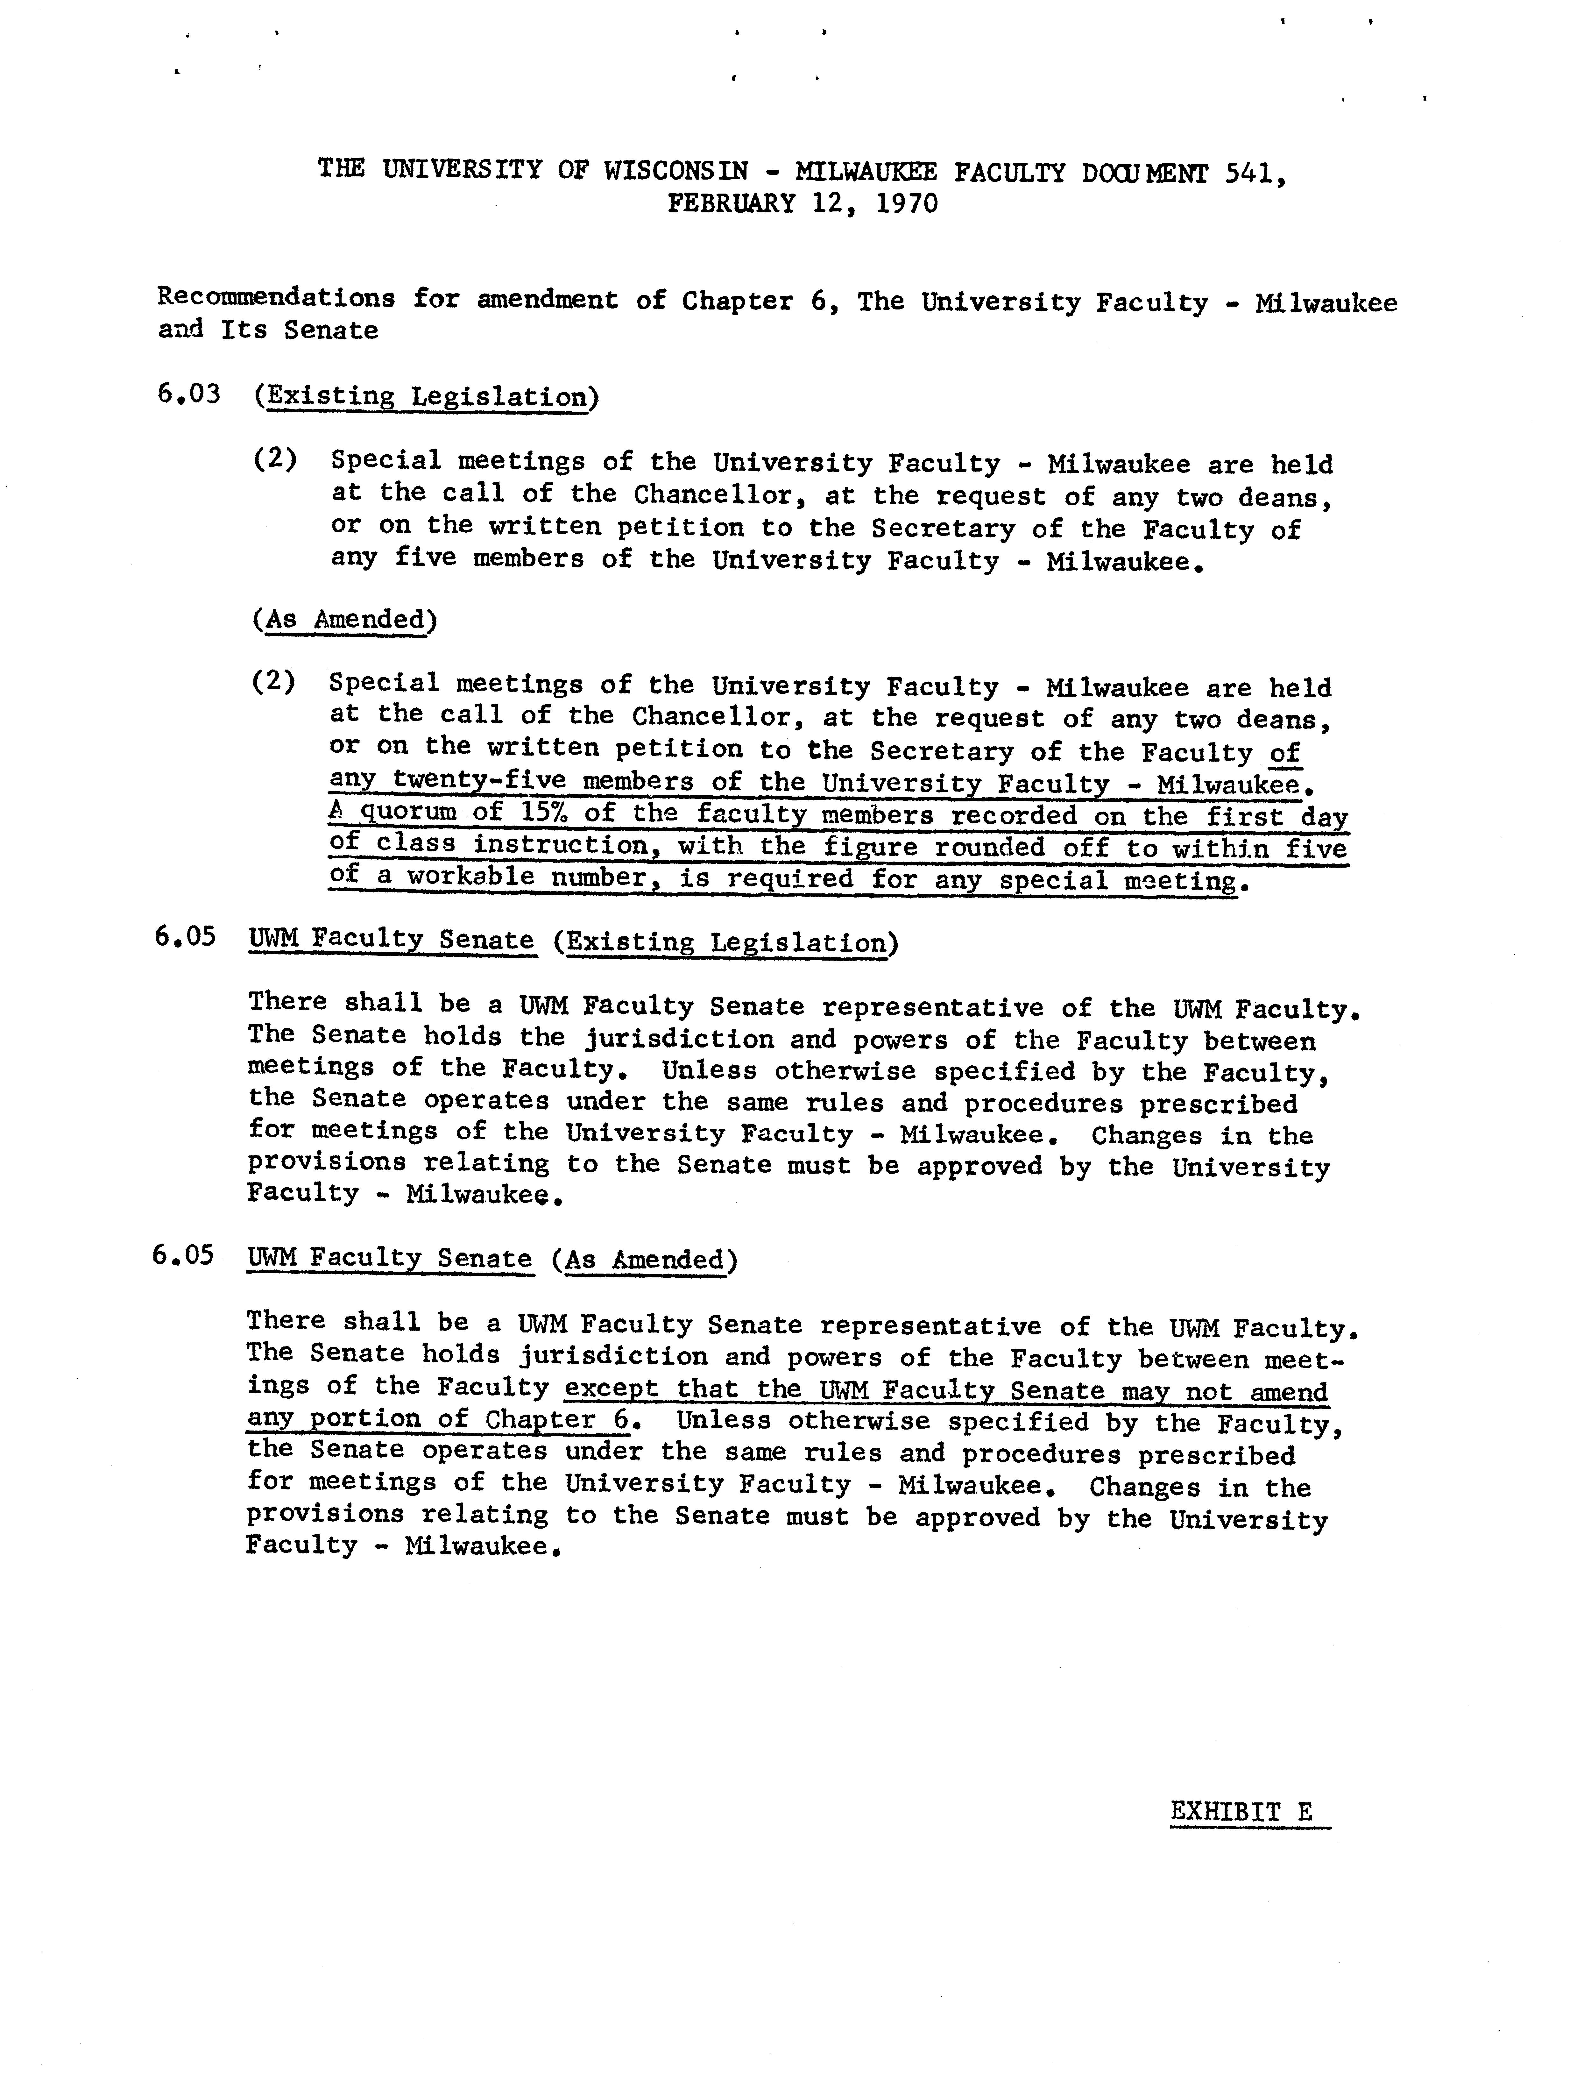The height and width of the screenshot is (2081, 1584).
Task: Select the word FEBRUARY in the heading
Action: point(732,204)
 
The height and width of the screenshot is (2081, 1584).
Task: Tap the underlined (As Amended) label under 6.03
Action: point(345,620)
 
